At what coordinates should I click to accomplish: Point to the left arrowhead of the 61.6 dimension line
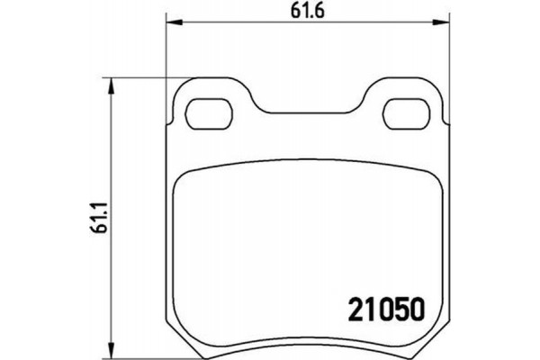171,24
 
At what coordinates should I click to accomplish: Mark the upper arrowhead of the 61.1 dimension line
111,85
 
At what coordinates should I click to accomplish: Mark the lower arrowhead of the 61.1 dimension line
111,348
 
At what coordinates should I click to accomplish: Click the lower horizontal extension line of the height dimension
135,354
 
